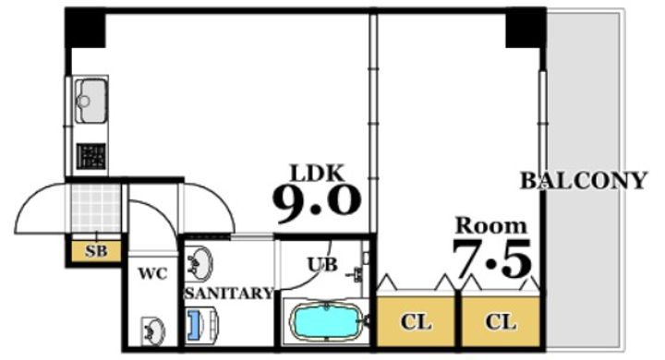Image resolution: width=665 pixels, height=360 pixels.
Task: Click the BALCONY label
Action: (584, 181)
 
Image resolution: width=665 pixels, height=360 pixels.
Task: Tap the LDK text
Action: (317, 173)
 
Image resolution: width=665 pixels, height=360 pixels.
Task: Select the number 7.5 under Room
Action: (491, 258)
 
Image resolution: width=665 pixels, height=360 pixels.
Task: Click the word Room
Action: (490, 225)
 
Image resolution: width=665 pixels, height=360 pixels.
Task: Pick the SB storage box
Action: (96, 251)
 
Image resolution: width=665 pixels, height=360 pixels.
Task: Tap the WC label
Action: (152, 274)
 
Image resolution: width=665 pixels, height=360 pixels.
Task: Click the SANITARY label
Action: (229, 293)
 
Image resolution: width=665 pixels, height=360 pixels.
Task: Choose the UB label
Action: (322, 265)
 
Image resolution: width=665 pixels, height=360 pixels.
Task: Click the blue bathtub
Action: (325, 321)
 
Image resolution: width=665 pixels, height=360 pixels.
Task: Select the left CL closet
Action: (416, 321)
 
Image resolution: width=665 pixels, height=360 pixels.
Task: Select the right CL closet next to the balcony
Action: (501, 321)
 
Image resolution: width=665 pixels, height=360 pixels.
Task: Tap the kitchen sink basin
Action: (90, 101)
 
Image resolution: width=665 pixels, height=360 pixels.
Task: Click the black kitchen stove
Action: (91, 156)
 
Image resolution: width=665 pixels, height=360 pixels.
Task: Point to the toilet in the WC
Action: (152, 330)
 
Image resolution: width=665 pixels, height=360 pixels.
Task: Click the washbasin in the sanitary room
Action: (199, 264)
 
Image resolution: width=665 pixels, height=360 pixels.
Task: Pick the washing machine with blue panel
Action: (201, 324)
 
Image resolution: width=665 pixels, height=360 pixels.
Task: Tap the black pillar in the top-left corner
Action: (85, 28)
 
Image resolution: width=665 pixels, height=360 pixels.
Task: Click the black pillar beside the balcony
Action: (526, 28)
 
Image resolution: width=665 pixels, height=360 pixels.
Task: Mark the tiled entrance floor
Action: (96, 209)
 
